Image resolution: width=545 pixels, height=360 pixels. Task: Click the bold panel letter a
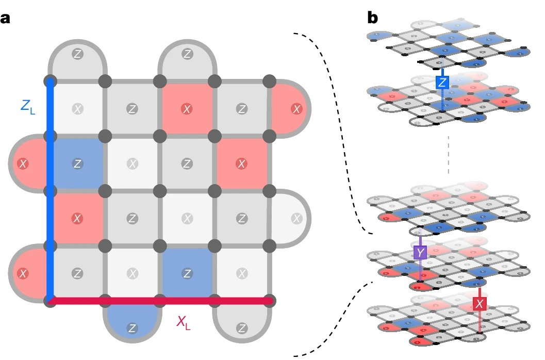tap(6, 19)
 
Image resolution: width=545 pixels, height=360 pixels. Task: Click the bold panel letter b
tap(372, 19)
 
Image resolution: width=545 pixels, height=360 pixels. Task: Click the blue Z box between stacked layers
tap(442, 82)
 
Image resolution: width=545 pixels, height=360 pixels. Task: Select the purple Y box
tap(421, 252)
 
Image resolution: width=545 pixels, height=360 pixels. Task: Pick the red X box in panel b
tap(480, 304)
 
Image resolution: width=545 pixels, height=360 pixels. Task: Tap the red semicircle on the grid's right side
tap(291, 109)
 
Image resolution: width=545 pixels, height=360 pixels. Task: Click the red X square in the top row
tap(187, 109)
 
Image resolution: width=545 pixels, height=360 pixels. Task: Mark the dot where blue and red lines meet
tap(50, 300)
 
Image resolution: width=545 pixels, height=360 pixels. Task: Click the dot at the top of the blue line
tap(50, 81)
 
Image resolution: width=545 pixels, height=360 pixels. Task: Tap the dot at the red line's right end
tap(269, 300)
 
